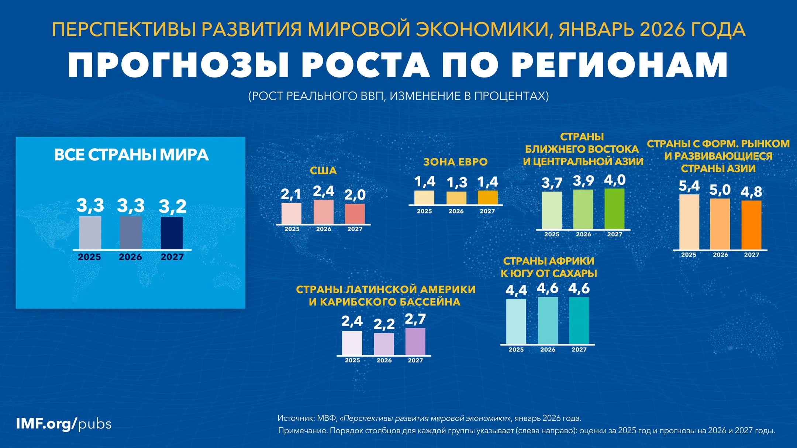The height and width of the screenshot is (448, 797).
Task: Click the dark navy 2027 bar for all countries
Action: tap(172, 233)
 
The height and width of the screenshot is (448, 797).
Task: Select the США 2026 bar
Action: tap(324, 212)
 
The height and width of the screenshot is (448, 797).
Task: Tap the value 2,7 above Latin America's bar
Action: tap(415, 319)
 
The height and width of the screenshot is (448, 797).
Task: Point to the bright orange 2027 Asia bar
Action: tap(751, 225)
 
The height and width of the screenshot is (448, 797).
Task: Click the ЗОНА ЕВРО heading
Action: tap(455, 162)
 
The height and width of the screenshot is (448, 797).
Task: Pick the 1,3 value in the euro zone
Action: tap(457, 183)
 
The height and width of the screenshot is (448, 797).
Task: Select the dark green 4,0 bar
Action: tap(614, 209)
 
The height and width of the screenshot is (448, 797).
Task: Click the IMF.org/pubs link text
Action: tap(63, 424)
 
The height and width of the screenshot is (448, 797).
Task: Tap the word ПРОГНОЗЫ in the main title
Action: tap(177, 65)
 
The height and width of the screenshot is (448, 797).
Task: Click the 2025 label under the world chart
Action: tap(89, 257)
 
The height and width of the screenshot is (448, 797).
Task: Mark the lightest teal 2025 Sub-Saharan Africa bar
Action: tap(516, 322)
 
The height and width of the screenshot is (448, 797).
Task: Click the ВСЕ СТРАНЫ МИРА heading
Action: tap(131, 155)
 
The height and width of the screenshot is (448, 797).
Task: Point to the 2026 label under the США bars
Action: tap(324, 229)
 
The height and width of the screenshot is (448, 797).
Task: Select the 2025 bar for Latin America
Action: tap(352, 343)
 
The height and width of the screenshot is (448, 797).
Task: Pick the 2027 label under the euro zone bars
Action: tap(487, 211)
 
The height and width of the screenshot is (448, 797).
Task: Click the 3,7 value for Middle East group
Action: tap(552, 183)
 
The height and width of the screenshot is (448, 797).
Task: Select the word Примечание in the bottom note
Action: tap(302, 431)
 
